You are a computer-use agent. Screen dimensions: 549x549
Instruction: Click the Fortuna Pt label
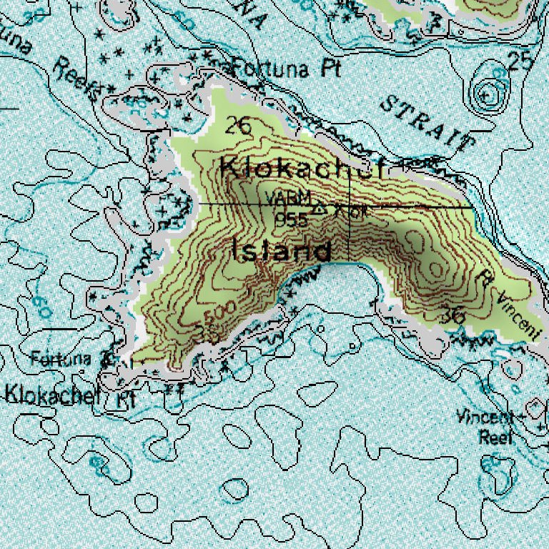click(285, 69)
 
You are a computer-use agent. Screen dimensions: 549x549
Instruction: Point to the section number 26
click(238, 127)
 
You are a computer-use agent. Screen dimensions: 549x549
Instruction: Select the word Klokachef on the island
click(302, 169)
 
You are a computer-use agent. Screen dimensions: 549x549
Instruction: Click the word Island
click(282, 251)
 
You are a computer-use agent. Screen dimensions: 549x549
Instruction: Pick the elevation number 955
click(292, 219)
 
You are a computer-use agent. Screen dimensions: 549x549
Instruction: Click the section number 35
click(207, 333)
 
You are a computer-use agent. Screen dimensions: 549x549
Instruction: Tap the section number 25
click(520, 61)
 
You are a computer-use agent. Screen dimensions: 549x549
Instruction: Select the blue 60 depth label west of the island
click(41, 307)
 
